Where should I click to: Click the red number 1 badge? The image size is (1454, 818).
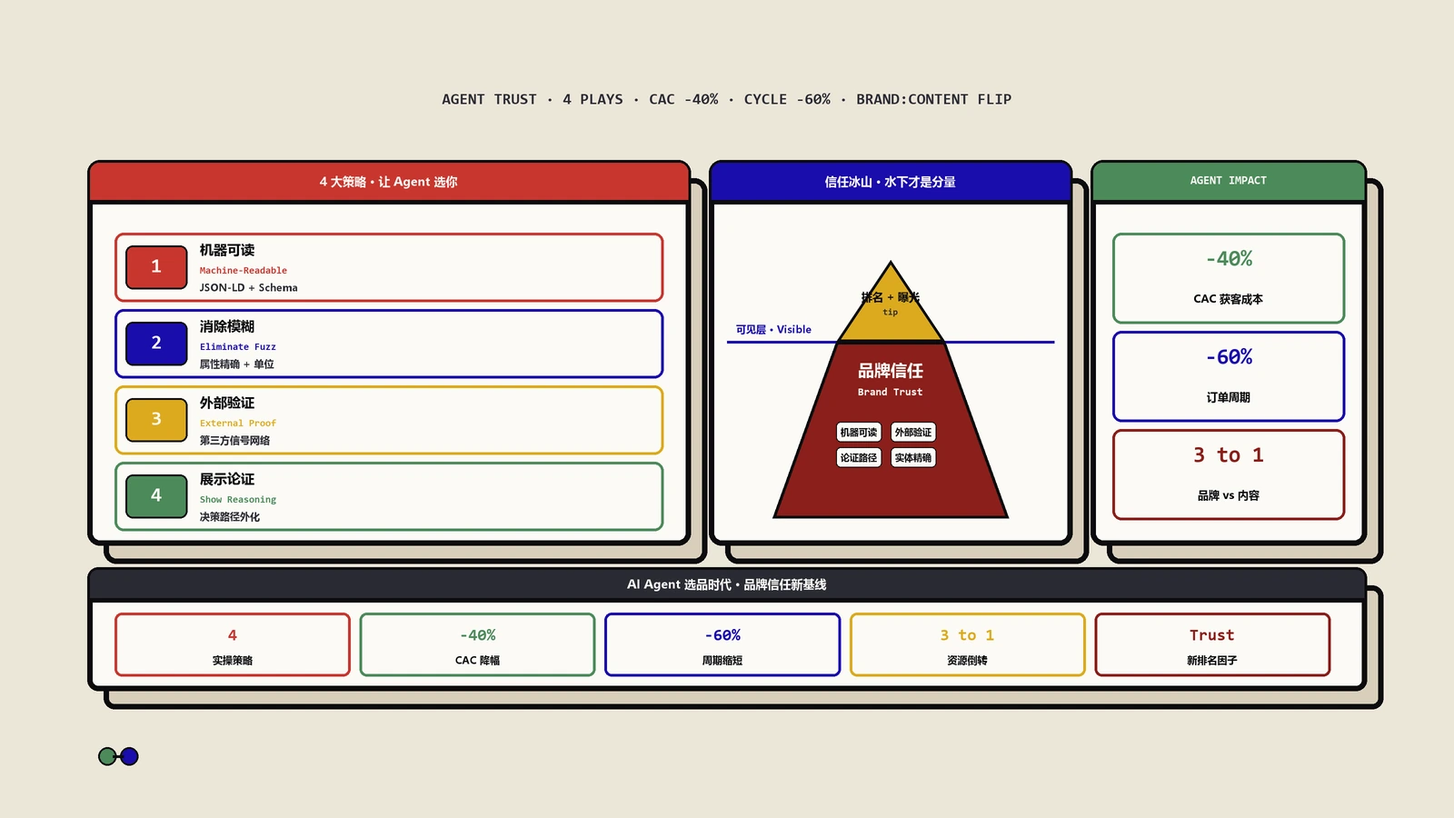[x=156, y=267]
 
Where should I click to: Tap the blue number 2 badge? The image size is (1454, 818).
[x=156, y=344]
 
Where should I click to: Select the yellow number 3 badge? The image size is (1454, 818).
[x=156, y=419]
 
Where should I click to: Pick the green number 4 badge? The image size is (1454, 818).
[x=156, y=496]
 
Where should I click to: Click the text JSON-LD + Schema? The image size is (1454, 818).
[x=249, y=287]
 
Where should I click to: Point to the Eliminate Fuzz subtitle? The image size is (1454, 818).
[x=237, y=346]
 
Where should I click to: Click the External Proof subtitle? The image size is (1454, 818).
[x=237, y=424]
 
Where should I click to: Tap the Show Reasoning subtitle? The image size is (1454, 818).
[x=237, y=499]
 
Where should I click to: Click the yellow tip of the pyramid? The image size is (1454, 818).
[x=891, y=309]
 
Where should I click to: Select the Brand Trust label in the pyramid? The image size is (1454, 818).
[x=890, y=392]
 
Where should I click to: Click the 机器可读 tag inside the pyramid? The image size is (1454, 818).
[x=858, y=433]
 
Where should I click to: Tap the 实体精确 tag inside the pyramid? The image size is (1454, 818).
[x=912, y=458]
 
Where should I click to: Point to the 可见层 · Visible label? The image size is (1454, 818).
[x=773, y=330]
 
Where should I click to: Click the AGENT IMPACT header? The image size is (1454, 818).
[x=1228, y=181]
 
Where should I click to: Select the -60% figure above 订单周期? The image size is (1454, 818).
[x=1229, y=357]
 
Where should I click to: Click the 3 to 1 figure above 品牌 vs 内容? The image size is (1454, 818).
[x=1228, y=455]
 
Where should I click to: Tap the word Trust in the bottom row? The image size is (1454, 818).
[x=1212, y=635]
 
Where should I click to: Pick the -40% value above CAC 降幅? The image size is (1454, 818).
[x=478, y=635]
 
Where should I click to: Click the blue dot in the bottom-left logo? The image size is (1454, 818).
[x=129, y=756]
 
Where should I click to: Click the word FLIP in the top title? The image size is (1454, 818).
[x=994, y=99]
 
